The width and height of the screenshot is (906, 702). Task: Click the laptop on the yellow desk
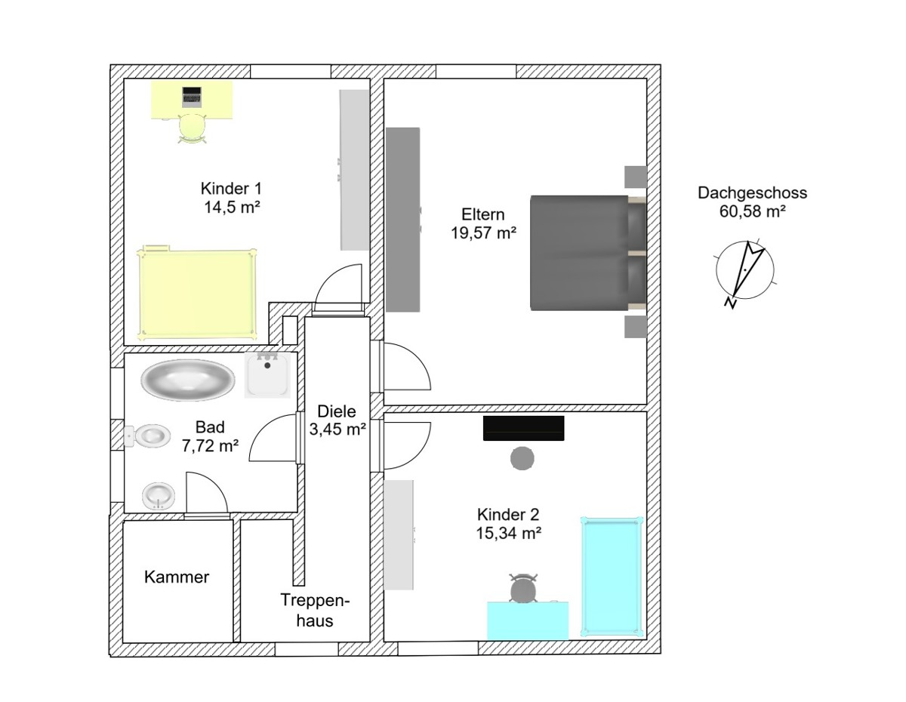click(x=192, y=97)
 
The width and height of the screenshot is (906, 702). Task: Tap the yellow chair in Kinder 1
click(x=193, y=128)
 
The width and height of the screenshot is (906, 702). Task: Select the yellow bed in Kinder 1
click(x=196, y=293)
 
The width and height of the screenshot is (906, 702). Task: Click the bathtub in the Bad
click(x=188, y=380)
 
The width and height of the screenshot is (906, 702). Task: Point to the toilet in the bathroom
click(x=147, y=436)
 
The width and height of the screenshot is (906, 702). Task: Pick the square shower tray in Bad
click(x=267, y=374)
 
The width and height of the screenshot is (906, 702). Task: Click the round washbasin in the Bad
click(x=159, y=496)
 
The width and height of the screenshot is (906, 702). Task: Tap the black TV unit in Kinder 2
click(x=523, y=428)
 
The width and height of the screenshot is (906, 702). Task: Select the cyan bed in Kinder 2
click(x=612, y=577)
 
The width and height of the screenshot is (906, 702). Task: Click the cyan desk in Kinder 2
click(x=528, y=620)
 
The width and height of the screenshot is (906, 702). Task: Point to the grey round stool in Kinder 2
click(x=522, y=458)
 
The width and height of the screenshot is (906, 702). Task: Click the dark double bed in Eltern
click(x=588, y=253)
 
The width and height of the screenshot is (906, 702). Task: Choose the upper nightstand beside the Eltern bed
click(x=636, y=177)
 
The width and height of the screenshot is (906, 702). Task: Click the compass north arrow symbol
click(x=745, y=271)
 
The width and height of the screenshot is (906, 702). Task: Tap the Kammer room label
click(x=177, y=577)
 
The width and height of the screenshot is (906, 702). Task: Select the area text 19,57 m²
click(x=484, y=232)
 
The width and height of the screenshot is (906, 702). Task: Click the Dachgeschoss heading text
click(x=752, y=192)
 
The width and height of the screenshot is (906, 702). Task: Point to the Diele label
click(x=337, y=411)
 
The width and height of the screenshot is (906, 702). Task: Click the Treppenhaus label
click(x=315, y=611)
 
